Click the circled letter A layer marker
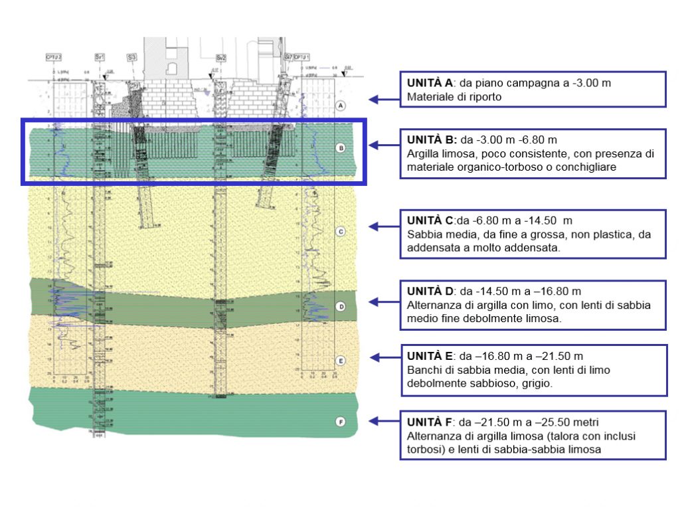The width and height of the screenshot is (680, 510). (x=340, y=106)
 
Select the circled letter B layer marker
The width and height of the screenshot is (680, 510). (x=340, y=148)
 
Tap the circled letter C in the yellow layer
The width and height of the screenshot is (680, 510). (x=340, y=232)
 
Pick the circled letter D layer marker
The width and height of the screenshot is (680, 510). (x=340, y=307)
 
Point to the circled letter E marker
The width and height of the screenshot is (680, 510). (x=340, y=361)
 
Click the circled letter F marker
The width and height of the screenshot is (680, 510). (x=340, y=421)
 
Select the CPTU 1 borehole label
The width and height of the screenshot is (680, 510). (x=302, y=57)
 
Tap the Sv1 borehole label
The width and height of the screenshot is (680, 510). (x=100, y=57)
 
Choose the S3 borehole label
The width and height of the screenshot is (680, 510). (x=131, y=58)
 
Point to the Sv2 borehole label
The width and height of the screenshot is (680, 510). (x=221, y=58)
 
